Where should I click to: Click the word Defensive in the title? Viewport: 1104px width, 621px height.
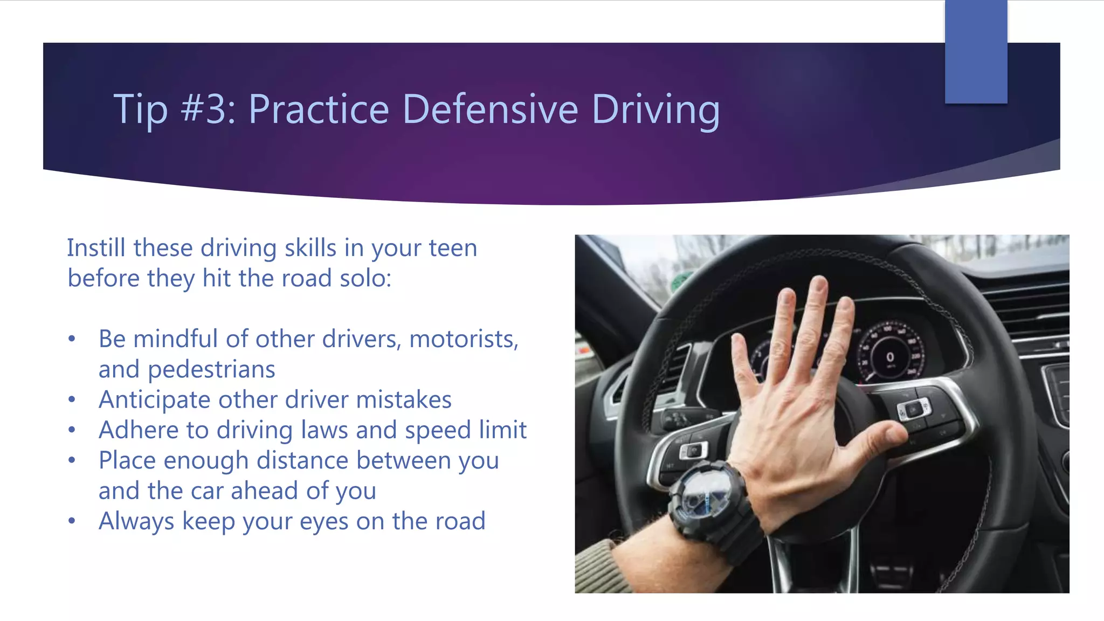[x=490, y=109]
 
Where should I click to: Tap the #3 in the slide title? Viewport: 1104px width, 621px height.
[x=207, y=109]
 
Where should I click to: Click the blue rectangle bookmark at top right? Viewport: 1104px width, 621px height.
[x=976, y=51]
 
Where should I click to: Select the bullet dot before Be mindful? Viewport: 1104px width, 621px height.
[x=72, y=339]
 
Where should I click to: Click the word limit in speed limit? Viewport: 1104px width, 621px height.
[x=506, y=430]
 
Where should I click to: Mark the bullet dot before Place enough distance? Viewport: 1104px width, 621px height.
[x=72, y=460]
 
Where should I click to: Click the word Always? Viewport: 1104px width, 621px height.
[x=136, y=521]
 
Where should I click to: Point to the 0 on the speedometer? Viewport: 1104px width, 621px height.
[x=890, y=357]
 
